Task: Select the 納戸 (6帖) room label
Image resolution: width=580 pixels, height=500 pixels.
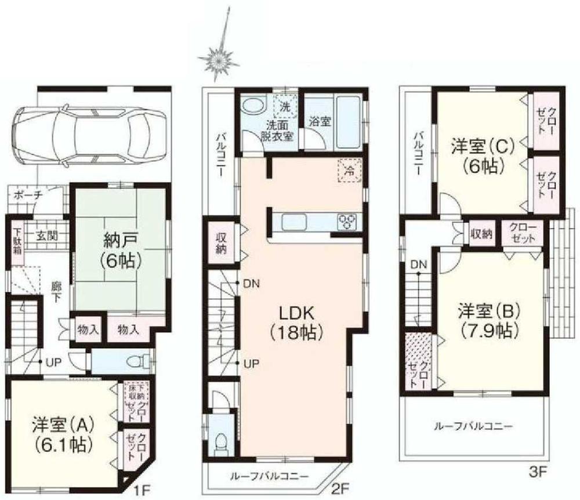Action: [x=121, y=251]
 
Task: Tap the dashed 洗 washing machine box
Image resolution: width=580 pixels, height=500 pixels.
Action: [x=285, y=106]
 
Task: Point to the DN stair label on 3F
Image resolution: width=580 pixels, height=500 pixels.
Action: [x=419, y=265]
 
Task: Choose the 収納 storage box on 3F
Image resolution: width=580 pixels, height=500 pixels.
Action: [x=481, y=234]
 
